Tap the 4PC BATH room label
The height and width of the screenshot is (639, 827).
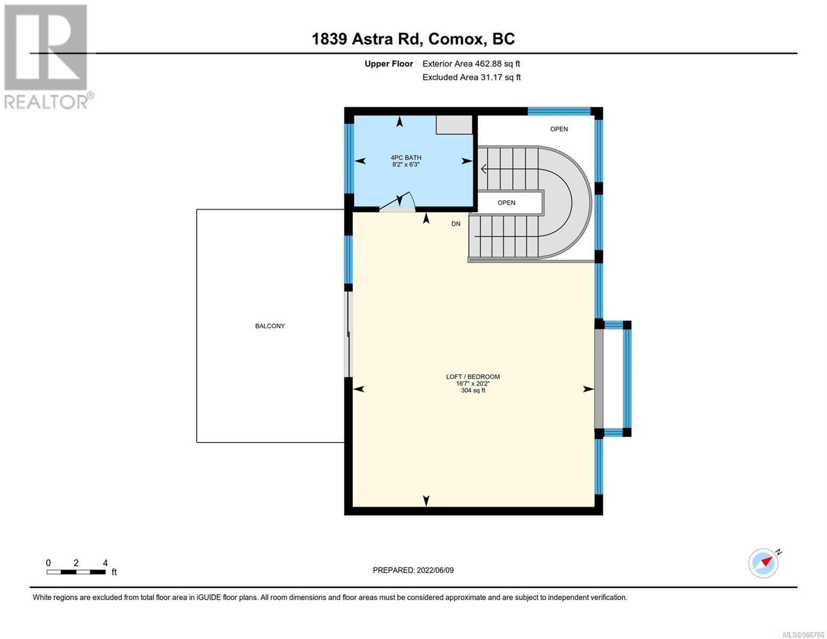tap(406, 158)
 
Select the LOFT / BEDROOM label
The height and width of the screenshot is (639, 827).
tap(473, 377)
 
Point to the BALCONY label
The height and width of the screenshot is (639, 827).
tap(270, 326)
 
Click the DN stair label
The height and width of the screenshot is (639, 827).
tap(455, 224)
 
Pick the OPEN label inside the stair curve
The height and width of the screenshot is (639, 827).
tap(506, 203)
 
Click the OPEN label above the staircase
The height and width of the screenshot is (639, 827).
tap(559, 129)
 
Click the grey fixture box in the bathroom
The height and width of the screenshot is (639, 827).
tap(454, 125)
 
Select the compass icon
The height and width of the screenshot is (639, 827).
tap(764, 563)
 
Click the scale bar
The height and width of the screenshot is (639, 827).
tap(76, 571)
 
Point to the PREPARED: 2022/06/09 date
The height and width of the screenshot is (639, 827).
tap(413, 570)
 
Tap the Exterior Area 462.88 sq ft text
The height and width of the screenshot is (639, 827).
tap(471, 64)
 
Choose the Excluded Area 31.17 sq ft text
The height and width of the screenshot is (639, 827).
tap(471, 77)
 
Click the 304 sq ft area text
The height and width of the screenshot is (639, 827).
tap(473, 390)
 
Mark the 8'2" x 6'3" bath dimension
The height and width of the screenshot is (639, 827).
tap(406, 165)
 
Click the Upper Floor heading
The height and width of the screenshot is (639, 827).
tap(389, 64)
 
